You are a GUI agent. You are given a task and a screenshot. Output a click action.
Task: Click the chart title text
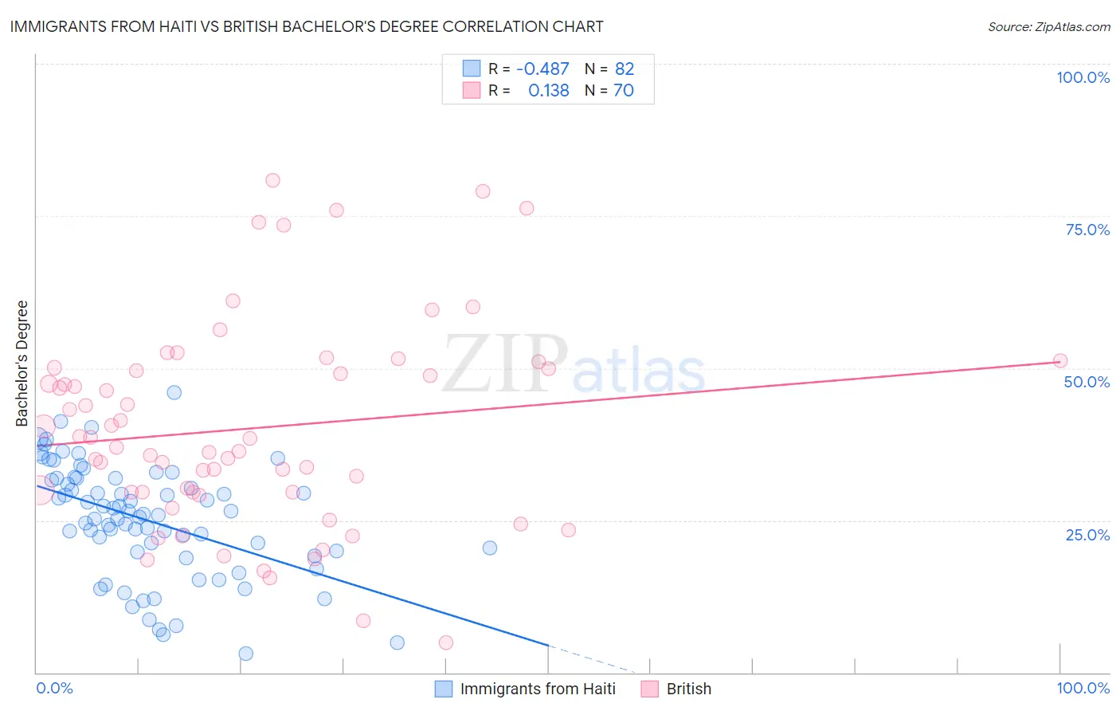tap(307, 26)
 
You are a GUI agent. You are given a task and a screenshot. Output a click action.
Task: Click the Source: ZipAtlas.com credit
tap(1048, 26)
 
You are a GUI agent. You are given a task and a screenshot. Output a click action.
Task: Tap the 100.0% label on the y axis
tap(1083, 77)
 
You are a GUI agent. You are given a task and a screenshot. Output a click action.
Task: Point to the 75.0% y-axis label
tap(1087, 230)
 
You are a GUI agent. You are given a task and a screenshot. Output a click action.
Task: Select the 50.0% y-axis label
tap(1087, 382)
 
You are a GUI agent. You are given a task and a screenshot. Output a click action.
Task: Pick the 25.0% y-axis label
tap(1087, 534)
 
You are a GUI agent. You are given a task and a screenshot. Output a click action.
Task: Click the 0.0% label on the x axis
tap(54, 688)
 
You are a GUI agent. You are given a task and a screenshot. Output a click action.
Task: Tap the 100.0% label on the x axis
tap(1083, 688)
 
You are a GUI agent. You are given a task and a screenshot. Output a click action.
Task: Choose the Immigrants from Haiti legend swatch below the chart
tap(444, 689)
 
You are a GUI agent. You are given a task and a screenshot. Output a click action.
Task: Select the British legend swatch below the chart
tap(650, 689)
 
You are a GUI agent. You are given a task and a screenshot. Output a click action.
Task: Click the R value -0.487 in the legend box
tap(542, 69)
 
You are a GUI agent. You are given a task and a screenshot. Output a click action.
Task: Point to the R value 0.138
tap(548, 91)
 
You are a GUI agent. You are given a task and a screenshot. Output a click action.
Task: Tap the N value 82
tap(625, 69)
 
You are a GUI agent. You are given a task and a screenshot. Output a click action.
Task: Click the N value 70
tap(624, 91)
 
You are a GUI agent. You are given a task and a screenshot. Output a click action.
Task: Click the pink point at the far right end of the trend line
tap(1059, 360)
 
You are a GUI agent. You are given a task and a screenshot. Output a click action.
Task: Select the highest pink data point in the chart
tap(272, 180)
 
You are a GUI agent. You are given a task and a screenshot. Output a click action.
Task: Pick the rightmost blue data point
tap(490, 548)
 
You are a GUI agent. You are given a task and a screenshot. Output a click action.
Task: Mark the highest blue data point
tap(174, 392)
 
